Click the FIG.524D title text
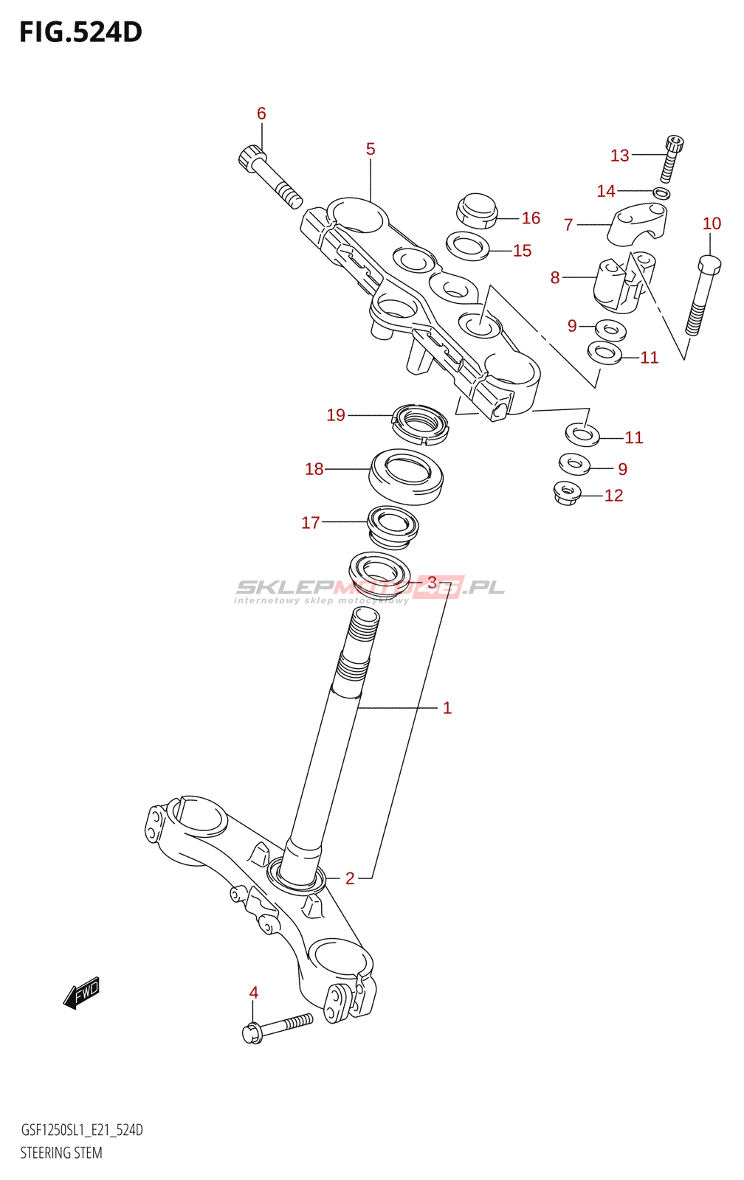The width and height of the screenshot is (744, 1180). pyautogui.click(x=80, y=32)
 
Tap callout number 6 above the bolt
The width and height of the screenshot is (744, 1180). pyautogui.click(x=261, y=114)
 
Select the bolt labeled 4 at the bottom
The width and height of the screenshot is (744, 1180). pyautogui.click(x=277, y=1027)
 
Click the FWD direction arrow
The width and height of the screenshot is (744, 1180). pyautogui.click(x=81, y=993)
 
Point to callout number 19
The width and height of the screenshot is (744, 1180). pyautogui.click(x=335, y=415)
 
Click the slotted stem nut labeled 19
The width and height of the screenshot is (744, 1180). pyautogui.click(x=420, y=423)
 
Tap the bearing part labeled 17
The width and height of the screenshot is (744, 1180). pyautogui.click(x=393, y=527)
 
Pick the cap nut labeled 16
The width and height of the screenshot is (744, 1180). pyautogui.click(x=478, y=211)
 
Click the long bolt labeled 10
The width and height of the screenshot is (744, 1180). pyautogui.click(x=703, y=295)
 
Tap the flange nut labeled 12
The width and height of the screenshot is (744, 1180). pyautogui.click(x=567, y=494)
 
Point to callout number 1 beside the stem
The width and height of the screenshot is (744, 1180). pyautogui.click(x=447, y=708)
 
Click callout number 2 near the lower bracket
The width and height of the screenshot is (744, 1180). pyautogui.click(x=350, y=878)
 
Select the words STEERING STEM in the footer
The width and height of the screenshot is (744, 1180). pyautogui.click(x=61, y=1153)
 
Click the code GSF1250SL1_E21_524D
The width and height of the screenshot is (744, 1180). pyautogui.click(x=82, y=1130)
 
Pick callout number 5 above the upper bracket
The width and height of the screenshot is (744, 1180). pyautogui.click(x=371, y=149)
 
